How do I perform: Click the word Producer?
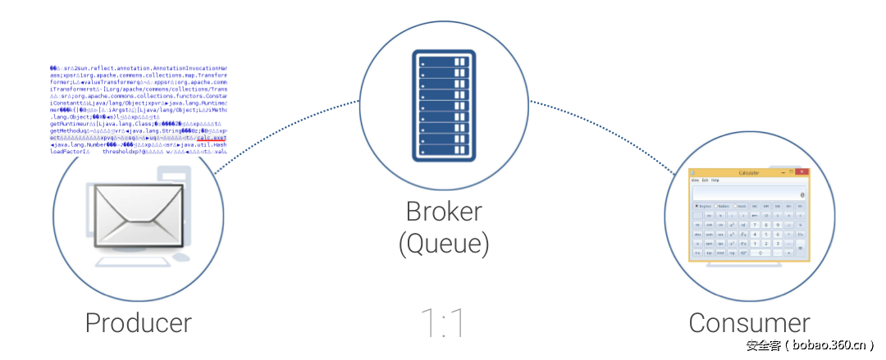(x=138, y=322)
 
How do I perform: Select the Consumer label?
(x=749, y=322)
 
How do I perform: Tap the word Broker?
(x=443, y=212)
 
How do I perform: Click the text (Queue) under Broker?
(x=443, y=243)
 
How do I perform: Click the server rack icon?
(x=443, y=105)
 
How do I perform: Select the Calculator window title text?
(x=749, y=173)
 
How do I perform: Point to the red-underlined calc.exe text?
(x=210, y=138)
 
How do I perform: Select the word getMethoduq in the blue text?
(x=71, y=130)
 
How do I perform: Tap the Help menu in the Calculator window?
(x=715, y=180)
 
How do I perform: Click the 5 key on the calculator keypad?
(x=766, y=234)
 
